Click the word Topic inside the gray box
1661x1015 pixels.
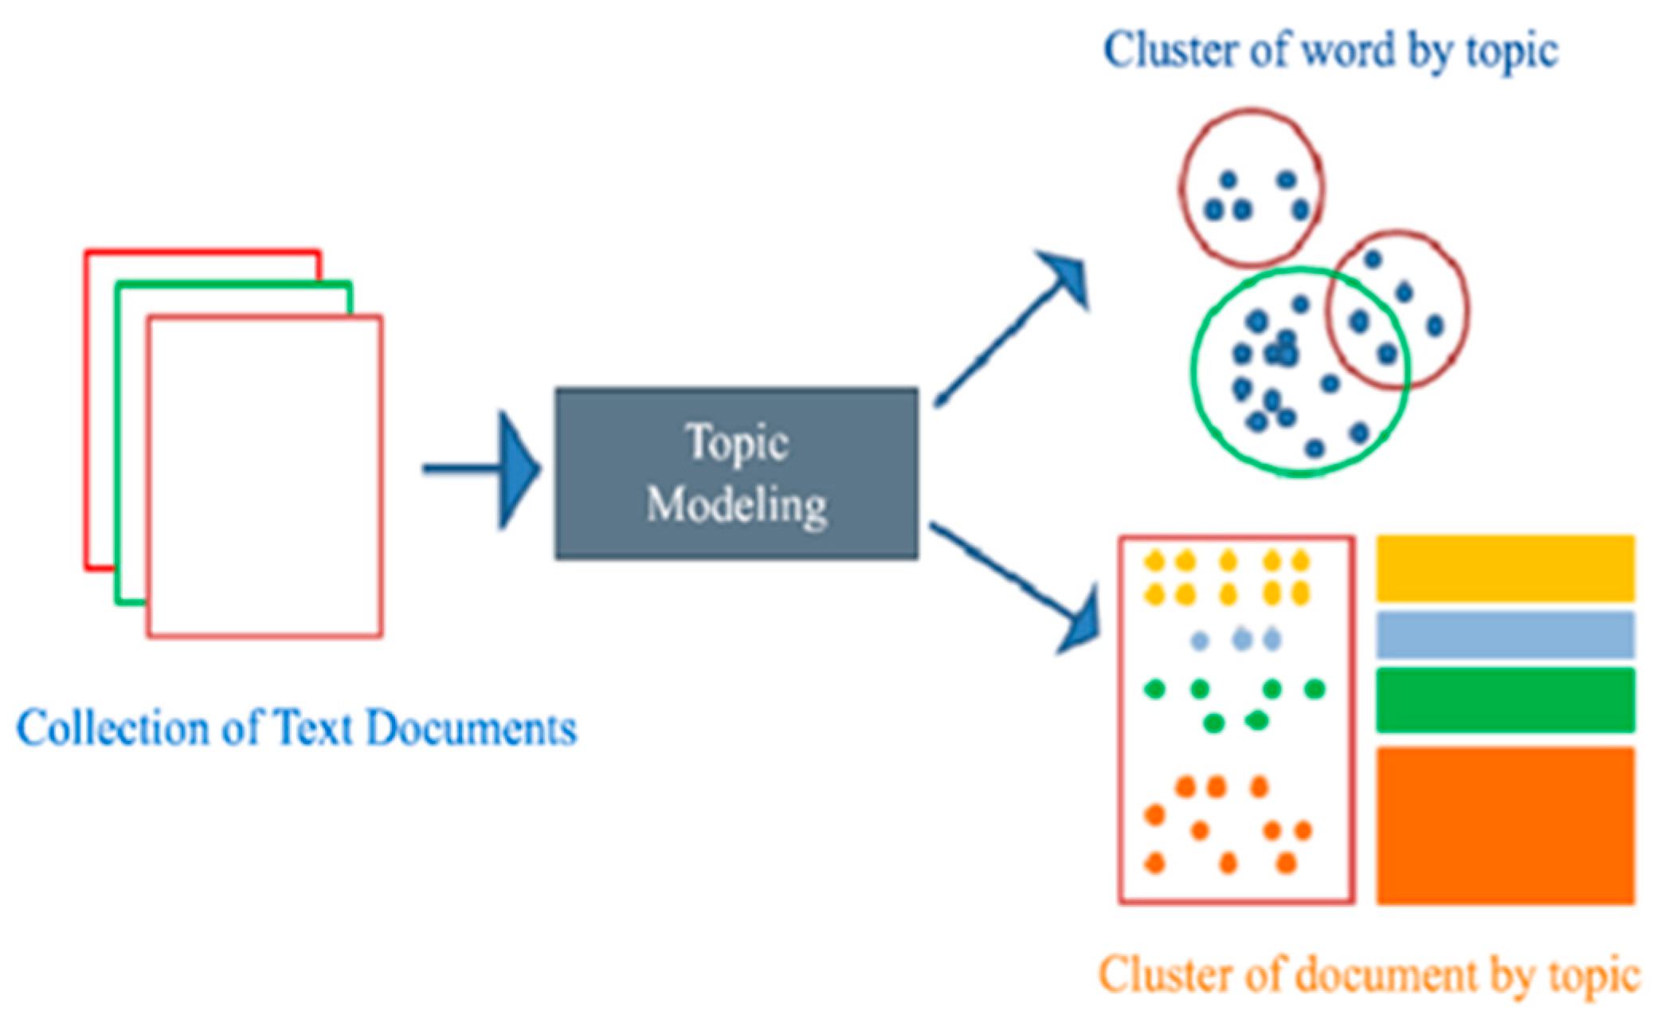[x=737, y=443]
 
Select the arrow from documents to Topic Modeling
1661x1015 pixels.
[x=482, y=468]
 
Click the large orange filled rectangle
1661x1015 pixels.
[x=1506, y=825]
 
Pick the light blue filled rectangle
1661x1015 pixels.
[x=1506, y=634]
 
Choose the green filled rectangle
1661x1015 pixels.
[x=1506, y=700]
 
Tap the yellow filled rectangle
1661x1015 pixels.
[x=1506, y=568]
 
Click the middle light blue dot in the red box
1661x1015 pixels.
[x=1241, y=639]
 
